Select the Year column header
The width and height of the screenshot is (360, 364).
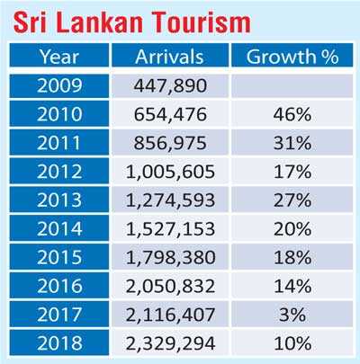(58, 58)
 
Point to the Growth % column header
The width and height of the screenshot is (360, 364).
(287, 58)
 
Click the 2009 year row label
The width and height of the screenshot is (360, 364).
(58, 86)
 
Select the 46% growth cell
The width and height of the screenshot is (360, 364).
(287, 115)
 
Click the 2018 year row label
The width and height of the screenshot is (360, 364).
(58, 342)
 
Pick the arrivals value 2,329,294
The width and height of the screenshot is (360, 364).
(170, 342)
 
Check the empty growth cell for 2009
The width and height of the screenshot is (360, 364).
(287, 86)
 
